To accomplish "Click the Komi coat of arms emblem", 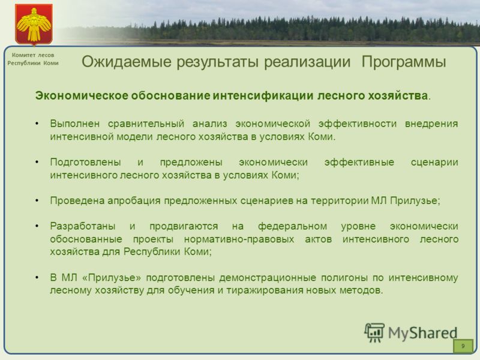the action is [34, 25].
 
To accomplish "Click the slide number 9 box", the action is [463, 346].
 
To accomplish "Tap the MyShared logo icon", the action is [374, 332].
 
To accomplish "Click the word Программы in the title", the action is [403, 62].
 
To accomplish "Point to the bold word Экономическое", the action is [82, 96].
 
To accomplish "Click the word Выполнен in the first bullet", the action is [74, 124].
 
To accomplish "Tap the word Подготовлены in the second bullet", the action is [85, 162].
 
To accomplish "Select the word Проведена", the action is [78, 201].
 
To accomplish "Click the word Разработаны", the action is [83, 227].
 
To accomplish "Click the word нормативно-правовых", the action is [239, 239].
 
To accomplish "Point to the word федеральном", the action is [292, 226].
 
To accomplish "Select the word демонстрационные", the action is [268, 278].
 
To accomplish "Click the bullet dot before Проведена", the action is [37, 200].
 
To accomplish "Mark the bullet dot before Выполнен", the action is [37, 124].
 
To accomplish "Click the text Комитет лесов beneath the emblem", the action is [33, 55].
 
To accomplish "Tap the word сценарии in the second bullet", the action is [434, 162].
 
